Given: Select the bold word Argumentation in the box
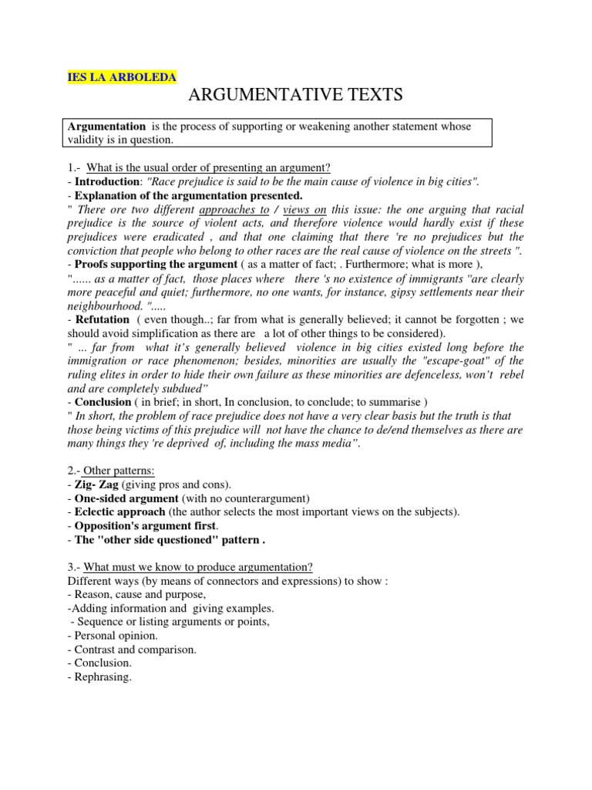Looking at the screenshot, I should coord(106,127).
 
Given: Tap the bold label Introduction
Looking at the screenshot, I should coord(106,181).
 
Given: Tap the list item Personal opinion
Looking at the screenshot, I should coord(116,635).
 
